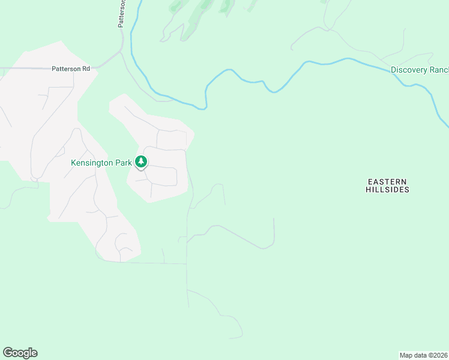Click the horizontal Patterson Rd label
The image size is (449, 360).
coord(71,69)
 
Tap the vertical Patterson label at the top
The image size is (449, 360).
coord(121,13)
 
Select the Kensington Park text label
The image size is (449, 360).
coord(101,163)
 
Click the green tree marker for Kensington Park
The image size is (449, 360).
coord(141,161)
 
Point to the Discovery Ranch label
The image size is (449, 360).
coord(420,70)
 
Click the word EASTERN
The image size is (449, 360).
coord(387,181)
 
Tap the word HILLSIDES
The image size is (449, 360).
coord(387,190)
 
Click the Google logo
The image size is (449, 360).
coord(20,353)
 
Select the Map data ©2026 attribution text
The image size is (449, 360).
coord(423,355)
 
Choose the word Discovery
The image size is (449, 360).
coord(408,70)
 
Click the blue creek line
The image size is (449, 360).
coord(252,81)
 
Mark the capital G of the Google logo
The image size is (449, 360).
coord(7,353)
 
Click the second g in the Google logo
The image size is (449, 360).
coord(26,353)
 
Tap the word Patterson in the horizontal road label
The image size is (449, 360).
coord(66,69)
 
